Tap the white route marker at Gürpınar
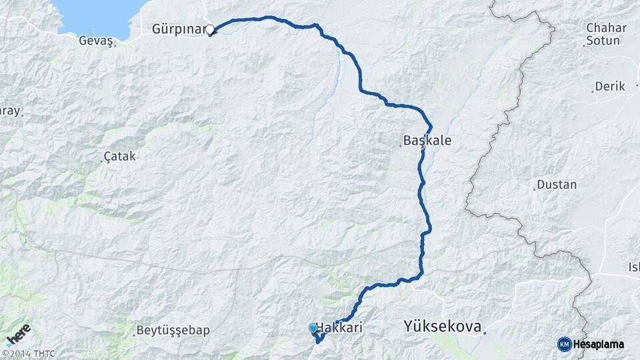click(210, 30)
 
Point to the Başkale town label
click(427, 141)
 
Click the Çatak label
click(121, 157)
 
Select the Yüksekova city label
click(442, 326)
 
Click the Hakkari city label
click(341, 328)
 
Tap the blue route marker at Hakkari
click(313, 328)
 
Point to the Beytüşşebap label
click(173, 331)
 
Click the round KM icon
click(564, 344)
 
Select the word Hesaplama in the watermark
click(599, 344)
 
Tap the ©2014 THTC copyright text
click(29, 353)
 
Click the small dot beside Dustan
click(535, 189)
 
